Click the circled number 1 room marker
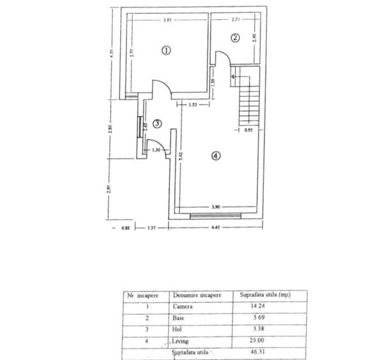point(166,50)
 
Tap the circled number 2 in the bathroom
point(234,38)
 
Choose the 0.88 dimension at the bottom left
point(124,228)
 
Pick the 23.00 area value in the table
point(250,342)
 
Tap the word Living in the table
point(181,342)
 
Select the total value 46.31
point(249,354)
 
